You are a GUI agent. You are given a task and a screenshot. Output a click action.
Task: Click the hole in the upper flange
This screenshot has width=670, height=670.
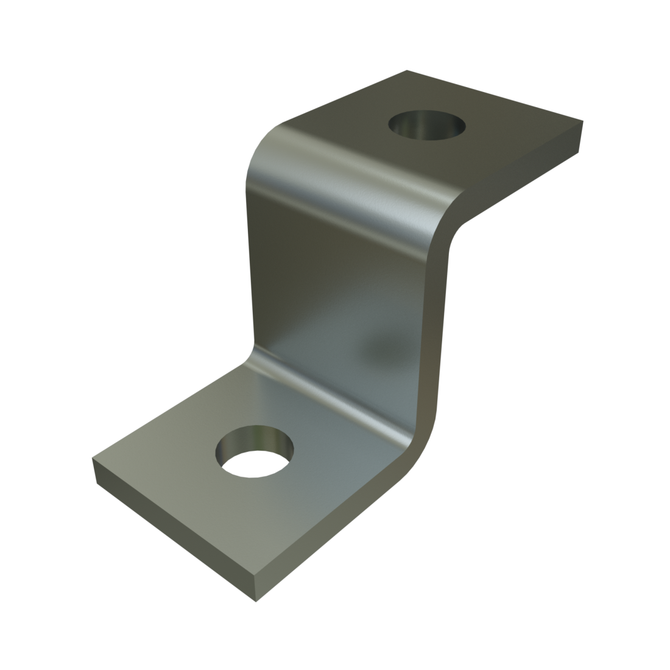[x=426, y=127]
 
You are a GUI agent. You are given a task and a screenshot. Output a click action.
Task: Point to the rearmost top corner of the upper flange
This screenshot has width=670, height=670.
[x=407, y=71]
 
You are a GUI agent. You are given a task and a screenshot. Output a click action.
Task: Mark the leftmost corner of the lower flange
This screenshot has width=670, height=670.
[x=93, y=459]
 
